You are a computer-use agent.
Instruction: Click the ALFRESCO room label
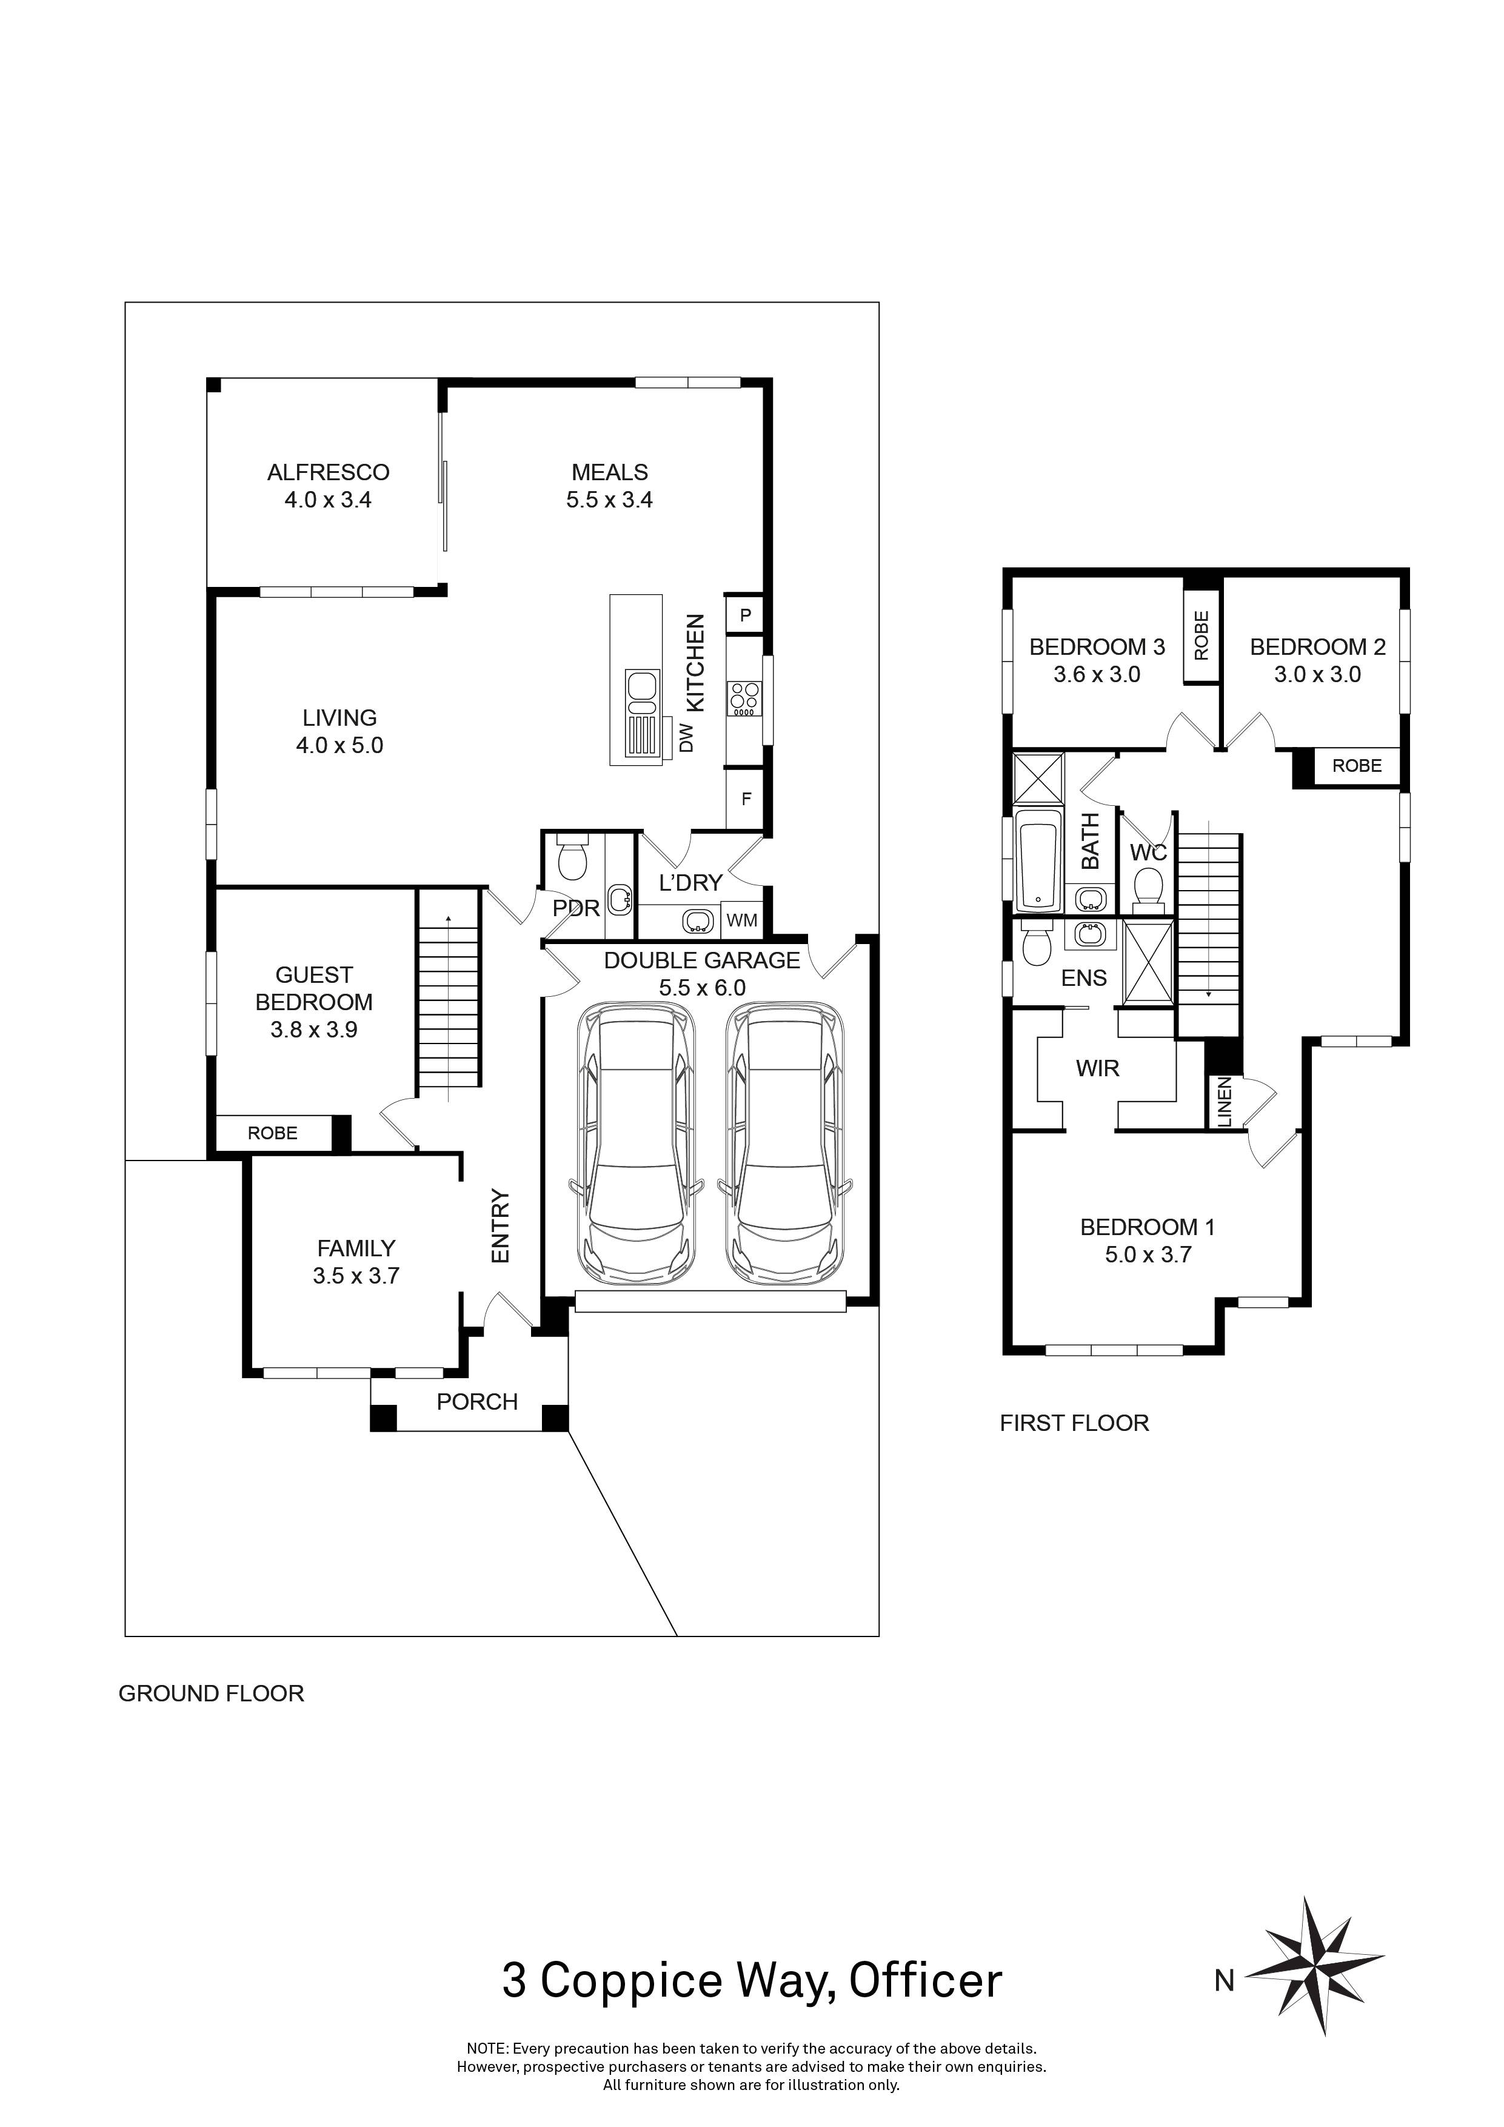point(328,472)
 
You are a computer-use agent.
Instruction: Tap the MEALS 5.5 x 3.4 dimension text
point(609,500)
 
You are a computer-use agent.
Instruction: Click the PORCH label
point(477,1402)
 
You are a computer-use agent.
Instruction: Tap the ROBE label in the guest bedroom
point(272,1133)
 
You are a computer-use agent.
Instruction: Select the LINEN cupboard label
point(1223,1102)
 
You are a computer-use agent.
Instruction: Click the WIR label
point(1097,1068)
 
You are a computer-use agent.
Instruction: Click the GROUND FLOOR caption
point(211,1693)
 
